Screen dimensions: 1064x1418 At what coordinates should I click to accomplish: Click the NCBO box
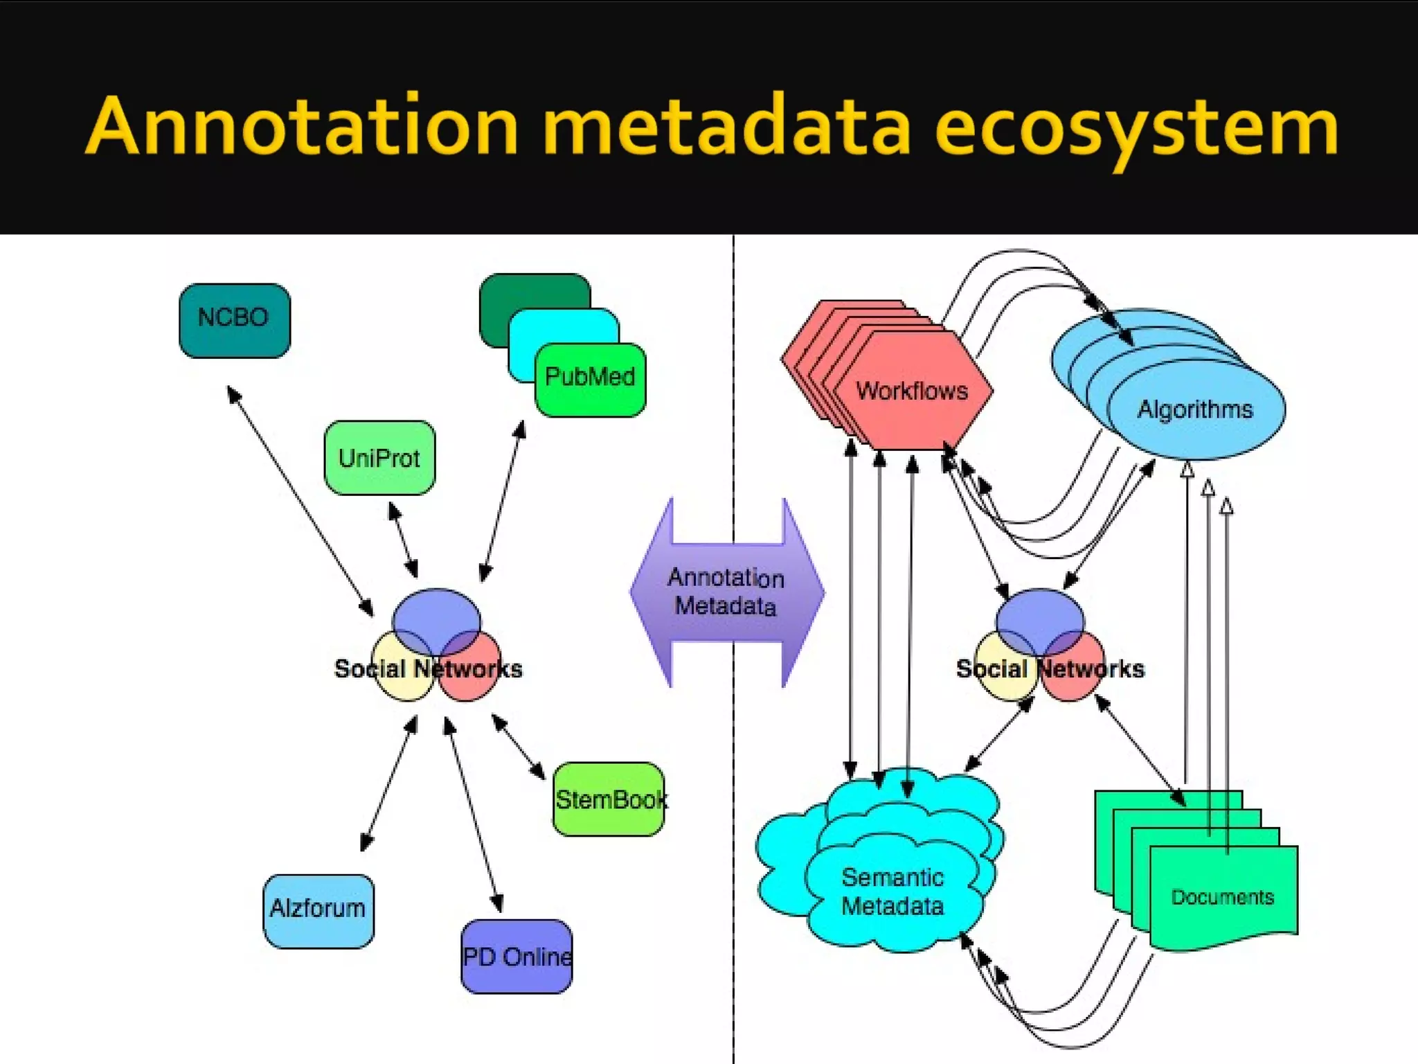(x=234, y=320)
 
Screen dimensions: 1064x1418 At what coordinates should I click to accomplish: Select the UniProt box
(x=379, y=458)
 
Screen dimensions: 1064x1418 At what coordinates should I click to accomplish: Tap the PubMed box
(x=590, y=379)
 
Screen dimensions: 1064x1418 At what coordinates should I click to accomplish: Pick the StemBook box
(x=609, y=799)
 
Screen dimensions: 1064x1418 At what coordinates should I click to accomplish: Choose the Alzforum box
(x=318, y=910)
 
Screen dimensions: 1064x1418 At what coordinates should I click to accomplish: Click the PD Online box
(x=517, y=957)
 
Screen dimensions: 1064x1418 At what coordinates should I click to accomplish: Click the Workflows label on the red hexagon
(x=911, y=391)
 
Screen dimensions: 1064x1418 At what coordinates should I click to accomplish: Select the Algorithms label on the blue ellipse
(x=1195, y=409)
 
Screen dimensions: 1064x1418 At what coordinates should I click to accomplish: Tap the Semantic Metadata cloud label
(x=892, y=892)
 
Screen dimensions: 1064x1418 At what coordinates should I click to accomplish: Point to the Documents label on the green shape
(x=1222, y=897)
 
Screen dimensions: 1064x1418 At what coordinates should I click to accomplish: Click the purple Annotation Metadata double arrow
(x=726, y=592)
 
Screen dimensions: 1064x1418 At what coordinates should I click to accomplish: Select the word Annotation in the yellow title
(x=302, y=126)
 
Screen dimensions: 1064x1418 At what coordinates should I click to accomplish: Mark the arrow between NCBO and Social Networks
(x=300, y=501)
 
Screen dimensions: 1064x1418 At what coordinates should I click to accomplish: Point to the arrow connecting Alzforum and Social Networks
(x=388, y=783)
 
